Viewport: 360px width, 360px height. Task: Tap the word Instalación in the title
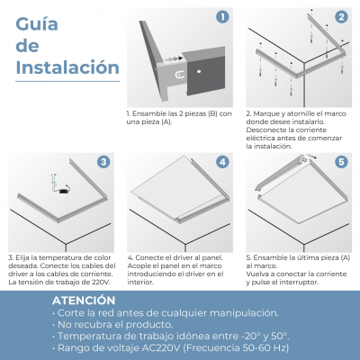point(67,67)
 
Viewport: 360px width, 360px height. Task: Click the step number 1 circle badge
point(222,17)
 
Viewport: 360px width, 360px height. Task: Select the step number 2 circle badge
point(341,17)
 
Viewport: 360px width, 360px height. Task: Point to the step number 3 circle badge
point(103,162)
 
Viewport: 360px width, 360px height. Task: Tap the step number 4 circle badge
point(222,162)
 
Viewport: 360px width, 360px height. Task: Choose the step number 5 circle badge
point(341,162)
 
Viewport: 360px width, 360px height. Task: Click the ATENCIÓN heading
point(83,301)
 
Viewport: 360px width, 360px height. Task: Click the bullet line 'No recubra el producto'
point(112,323)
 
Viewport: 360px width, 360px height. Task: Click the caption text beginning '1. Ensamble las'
point(178,118)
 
